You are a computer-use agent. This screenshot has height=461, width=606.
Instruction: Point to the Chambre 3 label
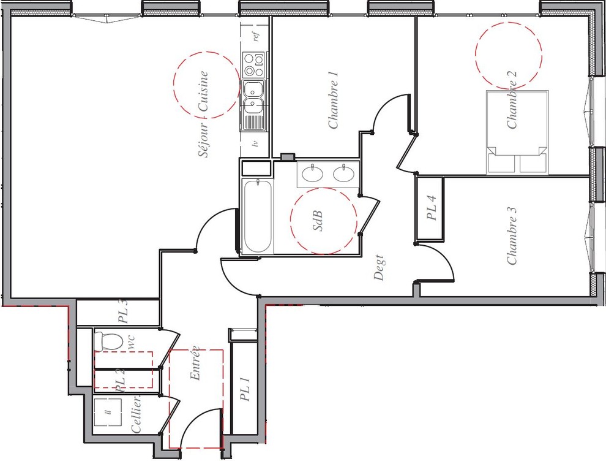[x=512, y=236]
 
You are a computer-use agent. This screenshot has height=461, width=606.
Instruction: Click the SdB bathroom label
[x=317, y=221]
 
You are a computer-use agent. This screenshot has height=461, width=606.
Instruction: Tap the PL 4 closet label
[x=431, y=208]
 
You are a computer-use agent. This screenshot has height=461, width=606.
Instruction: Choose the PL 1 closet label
[x=245, y=389]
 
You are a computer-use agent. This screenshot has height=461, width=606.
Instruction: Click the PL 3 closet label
[x=122, y=311]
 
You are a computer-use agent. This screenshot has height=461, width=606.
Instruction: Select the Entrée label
[x=195, y=364]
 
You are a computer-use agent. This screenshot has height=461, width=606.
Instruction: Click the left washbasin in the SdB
[x=312, y=173]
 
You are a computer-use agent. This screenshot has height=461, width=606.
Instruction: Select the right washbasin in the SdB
[x=345, y=173]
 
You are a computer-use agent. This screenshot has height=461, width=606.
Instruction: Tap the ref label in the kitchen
[x=256, y=36]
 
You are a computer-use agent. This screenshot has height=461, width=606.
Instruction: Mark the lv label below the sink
[x=255, y=144]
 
